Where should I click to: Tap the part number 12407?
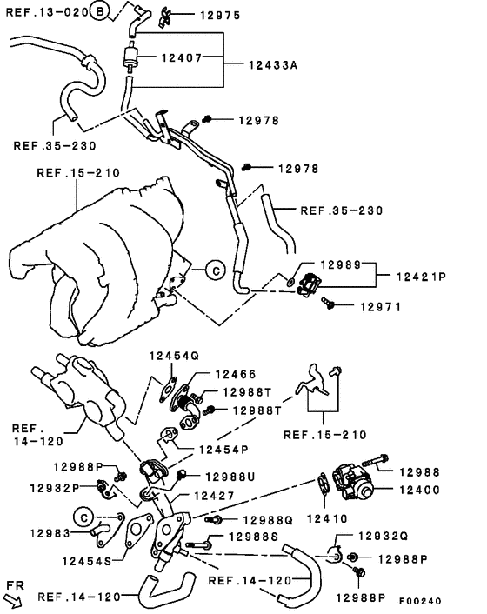[185, 58]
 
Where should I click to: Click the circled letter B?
[101, 11]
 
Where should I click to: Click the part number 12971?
[380, 306]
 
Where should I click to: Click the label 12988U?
[230, 476]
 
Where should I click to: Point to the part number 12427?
[215, 496]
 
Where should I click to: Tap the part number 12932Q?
[383, 537]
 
